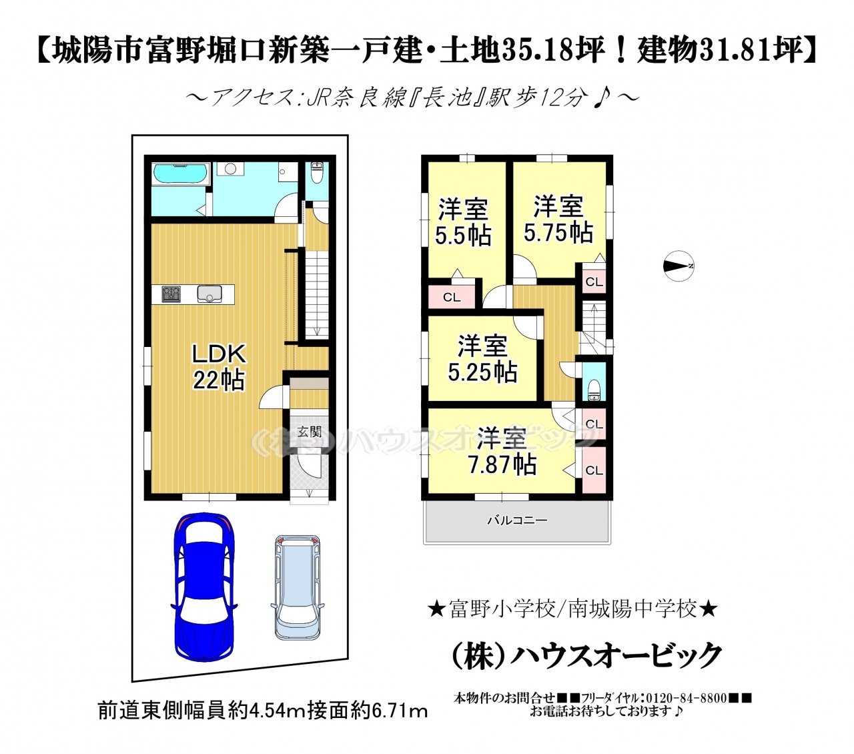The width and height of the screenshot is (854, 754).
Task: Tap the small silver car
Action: [x=298, y=587]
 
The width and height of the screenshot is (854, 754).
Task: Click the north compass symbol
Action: [x=678, y=266]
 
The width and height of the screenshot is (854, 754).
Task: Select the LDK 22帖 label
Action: [x=218, y=367]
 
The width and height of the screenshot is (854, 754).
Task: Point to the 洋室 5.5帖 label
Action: [x=463, y=222]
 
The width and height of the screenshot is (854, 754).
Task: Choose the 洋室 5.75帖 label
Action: [x=558, y=218]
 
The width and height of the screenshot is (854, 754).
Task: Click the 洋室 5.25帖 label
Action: [x=482, y=358]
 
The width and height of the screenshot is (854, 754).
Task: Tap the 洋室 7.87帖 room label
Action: [x=502, y=451]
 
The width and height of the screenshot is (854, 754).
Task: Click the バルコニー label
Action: [x=517, y=520]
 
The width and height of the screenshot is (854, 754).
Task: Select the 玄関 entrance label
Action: [x=310, y=432]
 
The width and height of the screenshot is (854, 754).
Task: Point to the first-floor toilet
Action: [x=316, y=172]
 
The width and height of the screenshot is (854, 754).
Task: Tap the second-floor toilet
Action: [x=594, y=390]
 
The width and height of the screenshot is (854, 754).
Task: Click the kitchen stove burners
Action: [x=171, y=294]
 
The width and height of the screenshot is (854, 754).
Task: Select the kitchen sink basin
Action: [x=209, y=294]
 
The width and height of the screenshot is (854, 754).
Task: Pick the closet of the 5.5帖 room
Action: [x=452, y=298]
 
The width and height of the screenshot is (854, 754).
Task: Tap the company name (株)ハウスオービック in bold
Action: [x=586, y=655]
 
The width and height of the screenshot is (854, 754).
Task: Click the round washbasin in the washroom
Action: [x=230, y=169]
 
